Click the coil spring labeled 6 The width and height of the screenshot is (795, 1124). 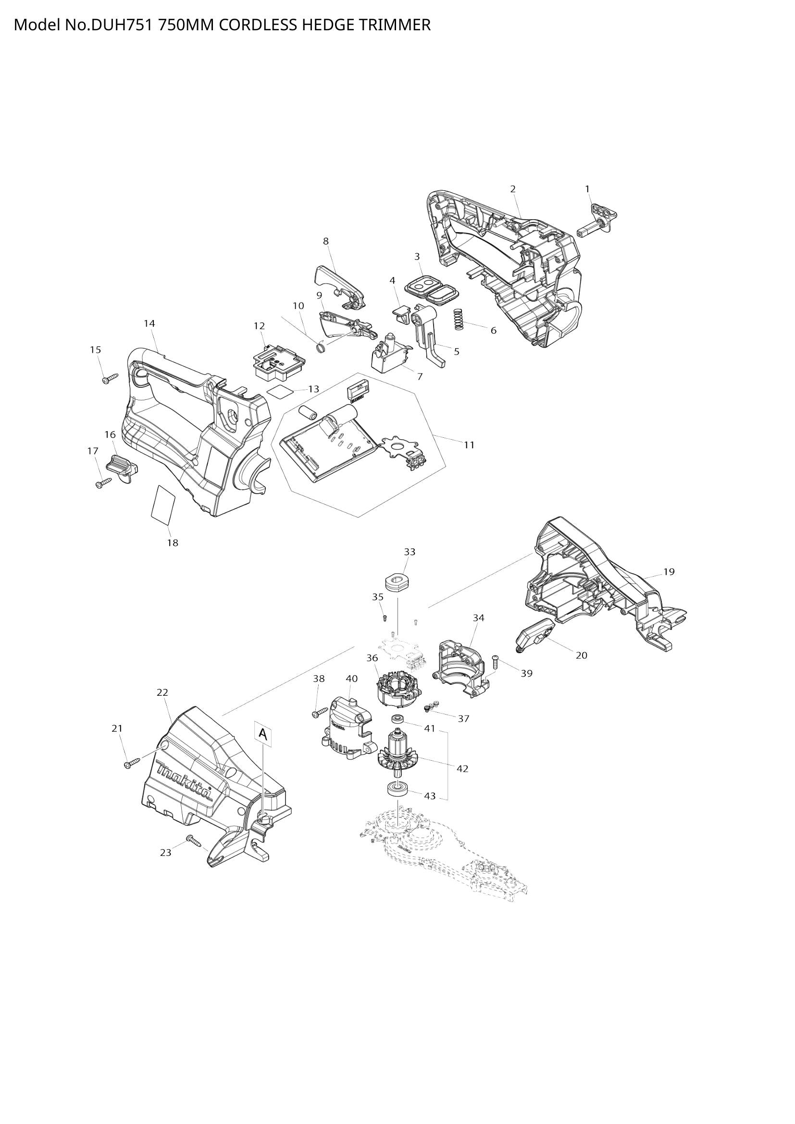459,319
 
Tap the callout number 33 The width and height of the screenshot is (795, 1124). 409,552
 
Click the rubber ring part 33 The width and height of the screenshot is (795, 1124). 397,582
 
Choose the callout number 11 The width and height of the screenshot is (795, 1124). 469,445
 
